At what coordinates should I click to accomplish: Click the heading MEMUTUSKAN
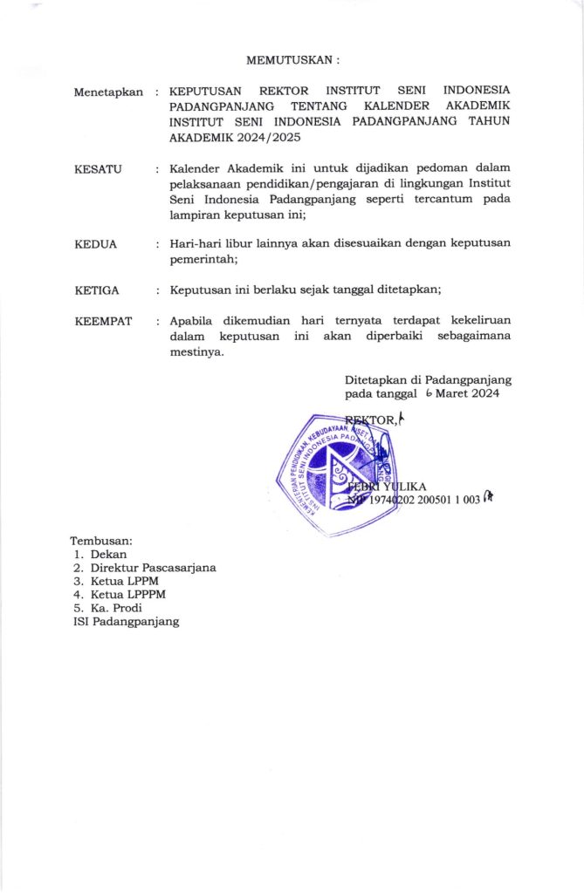pyautogui.click(x=292, y=60)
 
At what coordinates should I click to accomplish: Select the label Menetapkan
pyautogui.click(x=108, y=92)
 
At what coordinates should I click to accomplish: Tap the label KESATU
pyautogui.click(x=99, y=167)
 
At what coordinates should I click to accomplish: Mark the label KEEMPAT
pyautogui.click(x=104, y=321)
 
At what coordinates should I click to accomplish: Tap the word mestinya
pyautogui.click(x=197, y=353)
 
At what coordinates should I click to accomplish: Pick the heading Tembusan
pyautogui.click(x=103, y=542)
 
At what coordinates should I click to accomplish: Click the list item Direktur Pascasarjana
pyautogui.click(x=153, y=568)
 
